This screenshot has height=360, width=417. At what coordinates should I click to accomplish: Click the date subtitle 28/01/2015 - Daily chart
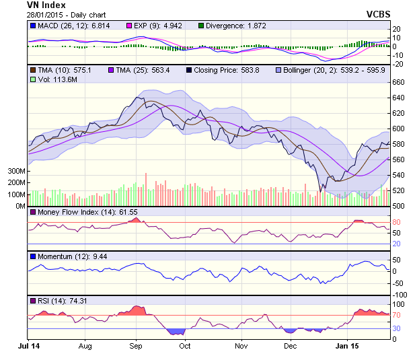(x=58, y=14)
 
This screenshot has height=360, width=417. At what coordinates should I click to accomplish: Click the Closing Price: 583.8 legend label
(x=223, y=69)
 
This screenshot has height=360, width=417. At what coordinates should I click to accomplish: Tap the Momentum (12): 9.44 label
(x=68, y=256)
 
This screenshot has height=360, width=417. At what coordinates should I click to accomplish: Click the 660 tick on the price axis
(x=399, y=82)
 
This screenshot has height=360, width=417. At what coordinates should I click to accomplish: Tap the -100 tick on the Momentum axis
(x=401, y=295)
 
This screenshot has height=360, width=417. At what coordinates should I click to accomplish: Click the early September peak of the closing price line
(x=137, y=98)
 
